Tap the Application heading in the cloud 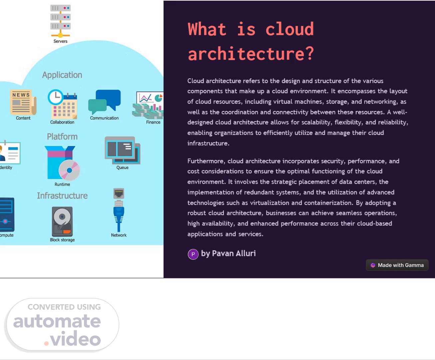coord(62,75)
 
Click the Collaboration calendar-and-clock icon coord(63,104)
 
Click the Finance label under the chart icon coord(153,122)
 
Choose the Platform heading coord(62,137)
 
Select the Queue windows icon coord(122,150)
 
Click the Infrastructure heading coord(62,196)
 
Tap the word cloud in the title coord(289,29)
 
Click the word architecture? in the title coord(251,54)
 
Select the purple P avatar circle coord(193,254)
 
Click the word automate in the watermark coord(57,321)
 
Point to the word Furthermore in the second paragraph coord(206,161)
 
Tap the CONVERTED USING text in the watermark coord(64,307)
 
